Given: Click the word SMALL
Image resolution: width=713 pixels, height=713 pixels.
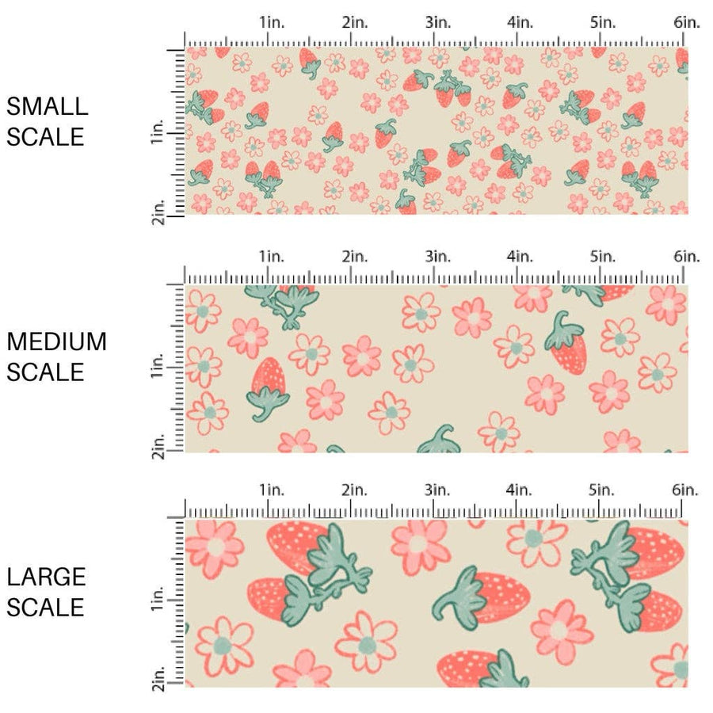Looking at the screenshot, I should click(x=47, y=106).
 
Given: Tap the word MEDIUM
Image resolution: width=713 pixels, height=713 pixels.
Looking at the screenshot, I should click(x=56, y=341).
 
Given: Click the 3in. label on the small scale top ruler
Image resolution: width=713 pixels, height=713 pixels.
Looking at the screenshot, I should click(x=437, y=22).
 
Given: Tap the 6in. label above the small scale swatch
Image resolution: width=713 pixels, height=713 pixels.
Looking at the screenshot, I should click(x=687, y=22).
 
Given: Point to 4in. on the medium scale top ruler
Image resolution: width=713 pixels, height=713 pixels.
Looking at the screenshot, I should click(x=520, y=256).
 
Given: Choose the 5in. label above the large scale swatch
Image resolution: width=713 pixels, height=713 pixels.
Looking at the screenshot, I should click(x=604, y=490).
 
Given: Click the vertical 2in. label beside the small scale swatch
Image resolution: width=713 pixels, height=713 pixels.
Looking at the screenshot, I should click(x=157, y=214).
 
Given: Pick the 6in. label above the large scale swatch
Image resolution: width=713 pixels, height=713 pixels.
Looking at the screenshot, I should click(x=687, y=490).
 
